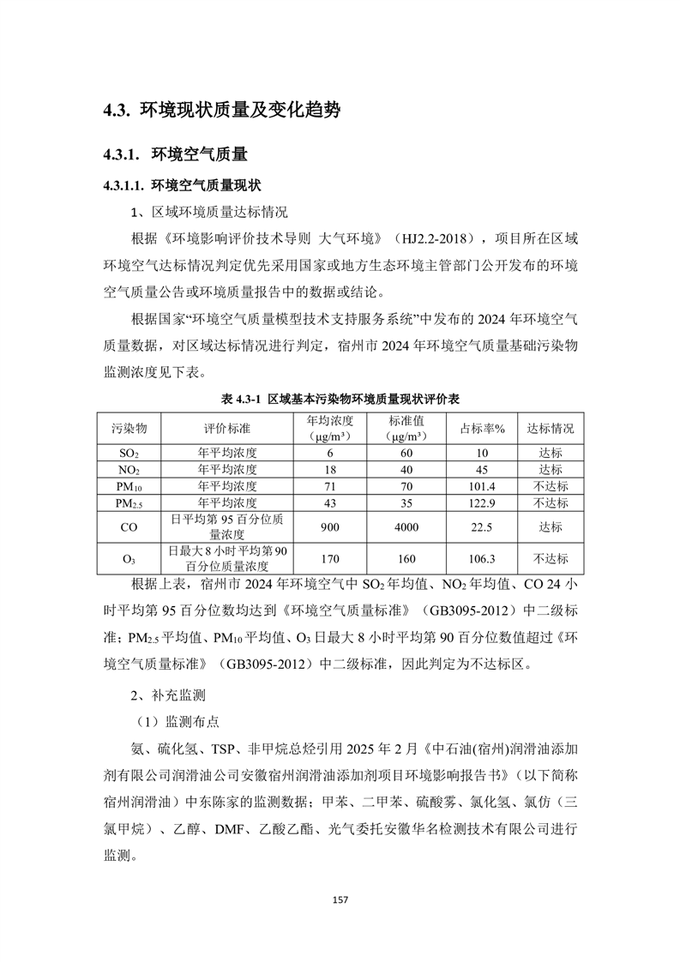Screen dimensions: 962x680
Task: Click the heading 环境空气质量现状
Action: [x=207, y=185]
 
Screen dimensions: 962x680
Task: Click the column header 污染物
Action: [x=129, y=428]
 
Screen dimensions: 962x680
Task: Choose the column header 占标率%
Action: [x=483, y=428]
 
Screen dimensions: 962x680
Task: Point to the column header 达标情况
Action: [x=551, y=428]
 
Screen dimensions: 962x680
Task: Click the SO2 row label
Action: [x=129, y=453]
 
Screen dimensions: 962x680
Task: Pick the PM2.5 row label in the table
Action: [x=129, y=502]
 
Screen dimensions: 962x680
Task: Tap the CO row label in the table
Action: [x=129, y=528]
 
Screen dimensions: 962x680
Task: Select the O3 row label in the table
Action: [x=129, y=559]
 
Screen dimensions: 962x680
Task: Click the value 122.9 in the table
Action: [x=483, y=502]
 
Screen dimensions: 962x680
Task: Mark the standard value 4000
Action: [x=406, y=528]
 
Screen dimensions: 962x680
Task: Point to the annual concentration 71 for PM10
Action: [x=330, y=486]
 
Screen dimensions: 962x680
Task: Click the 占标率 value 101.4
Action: [x=483, y=486]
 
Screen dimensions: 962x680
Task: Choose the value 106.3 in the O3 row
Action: [x=483, y=559]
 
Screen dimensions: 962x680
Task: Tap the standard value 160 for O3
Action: [x=406, y=559]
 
